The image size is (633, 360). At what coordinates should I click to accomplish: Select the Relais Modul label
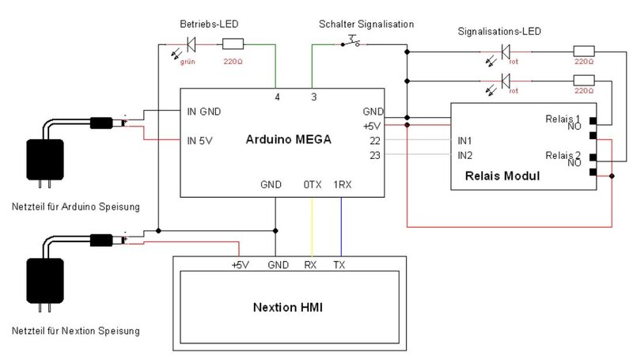point(502,176)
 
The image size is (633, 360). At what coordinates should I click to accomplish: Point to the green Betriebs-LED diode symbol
point(190,44)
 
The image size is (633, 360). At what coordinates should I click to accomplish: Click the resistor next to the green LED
point(233,44)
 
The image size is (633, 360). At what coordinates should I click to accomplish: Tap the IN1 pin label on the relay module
point(465,140)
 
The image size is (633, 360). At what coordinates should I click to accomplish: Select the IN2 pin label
point(465,154)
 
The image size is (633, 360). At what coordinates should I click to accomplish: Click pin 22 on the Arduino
point(375,140)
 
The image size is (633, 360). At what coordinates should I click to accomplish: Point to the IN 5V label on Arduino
point(201,141)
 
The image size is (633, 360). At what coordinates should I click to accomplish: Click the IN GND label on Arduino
point(203,112)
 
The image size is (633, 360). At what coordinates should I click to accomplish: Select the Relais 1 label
point(563,119)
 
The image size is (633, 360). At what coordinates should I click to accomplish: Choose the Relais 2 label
point(563,154)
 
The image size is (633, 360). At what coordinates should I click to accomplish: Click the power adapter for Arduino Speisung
point(44,162)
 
